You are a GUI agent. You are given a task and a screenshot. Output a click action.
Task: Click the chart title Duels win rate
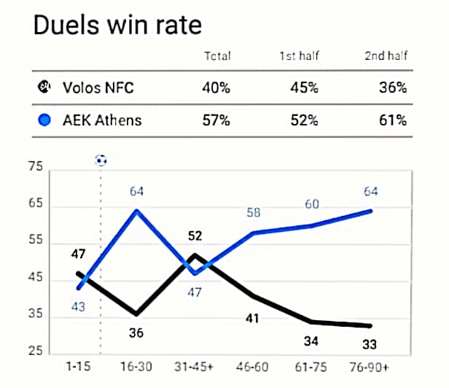tap(117, 26)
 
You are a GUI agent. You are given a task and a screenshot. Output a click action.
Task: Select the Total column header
tap(216, 55)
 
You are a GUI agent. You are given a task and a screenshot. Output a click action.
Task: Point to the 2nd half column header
tap(386, 55)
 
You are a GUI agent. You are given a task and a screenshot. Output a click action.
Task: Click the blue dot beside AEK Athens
tap(44, 120)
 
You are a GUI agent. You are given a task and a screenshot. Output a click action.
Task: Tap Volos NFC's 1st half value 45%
tap(304, 89)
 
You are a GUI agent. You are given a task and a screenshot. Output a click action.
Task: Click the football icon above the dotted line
tap(101, 160)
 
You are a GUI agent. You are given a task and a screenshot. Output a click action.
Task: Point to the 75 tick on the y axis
tap(34, 168)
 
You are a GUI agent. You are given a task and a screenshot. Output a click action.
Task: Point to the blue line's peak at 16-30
tap(136, 211)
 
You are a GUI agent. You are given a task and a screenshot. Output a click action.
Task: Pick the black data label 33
tap(371, 345)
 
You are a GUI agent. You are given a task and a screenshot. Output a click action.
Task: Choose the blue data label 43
tap(78, 307)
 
